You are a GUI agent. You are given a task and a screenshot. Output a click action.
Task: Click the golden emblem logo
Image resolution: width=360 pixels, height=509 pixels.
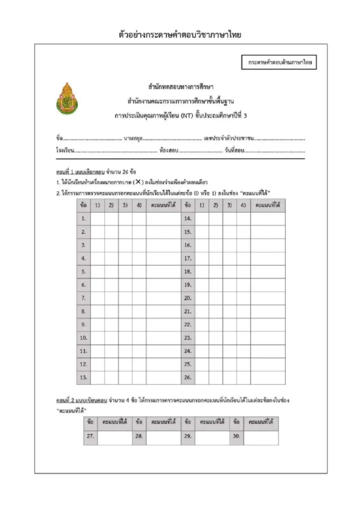pos(67,99)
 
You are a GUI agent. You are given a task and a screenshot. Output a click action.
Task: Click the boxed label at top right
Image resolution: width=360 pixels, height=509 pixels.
pos(279,62)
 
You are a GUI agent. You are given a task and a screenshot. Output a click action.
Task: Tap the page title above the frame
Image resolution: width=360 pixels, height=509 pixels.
pos(180,35)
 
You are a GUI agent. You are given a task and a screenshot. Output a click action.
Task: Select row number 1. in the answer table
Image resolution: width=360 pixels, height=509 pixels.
pos(83,219)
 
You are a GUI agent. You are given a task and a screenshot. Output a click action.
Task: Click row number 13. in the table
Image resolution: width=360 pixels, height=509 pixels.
pos(83,377)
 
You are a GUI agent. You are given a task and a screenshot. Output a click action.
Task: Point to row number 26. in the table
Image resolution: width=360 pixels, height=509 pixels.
pos(188,377)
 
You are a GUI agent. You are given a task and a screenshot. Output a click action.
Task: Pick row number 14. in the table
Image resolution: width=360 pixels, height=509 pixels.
pos(188,219)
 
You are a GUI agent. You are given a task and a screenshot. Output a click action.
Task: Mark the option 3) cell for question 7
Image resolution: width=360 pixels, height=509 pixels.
pos(125,298)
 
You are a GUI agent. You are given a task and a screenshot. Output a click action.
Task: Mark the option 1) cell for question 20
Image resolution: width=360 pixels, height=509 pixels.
pos(202,298)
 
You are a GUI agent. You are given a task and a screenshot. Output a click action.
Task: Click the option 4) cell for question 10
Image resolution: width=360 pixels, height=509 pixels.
pos(139,338)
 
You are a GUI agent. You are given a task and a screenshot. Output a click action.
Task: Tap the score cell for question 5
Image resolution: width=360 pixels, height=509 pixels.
pos(163,272)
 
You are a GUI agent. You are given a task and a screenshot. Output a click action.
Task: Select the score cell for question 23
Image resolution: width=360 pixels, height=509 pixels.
pos(268,338)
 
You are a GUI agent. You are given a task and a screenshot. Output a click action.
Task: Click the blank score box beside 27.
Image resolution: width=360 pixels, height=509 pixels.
pos(115,438)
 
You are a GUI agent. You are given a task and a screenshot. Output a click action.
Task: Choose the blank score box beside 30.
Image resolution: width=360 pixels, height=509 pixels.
pos(261,438)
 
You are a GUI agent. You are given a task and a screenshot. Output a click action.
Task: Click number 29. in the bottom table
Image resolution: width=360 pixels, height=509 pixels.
pos(188,436)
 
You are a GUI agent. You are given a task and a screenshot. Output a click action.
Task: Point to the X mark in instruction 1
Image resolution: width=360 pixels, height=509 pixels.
pos(138,182)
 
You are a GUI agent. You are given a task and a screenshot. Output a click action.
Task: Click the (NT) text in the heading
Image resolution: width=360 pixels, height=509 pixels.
pos(187,116)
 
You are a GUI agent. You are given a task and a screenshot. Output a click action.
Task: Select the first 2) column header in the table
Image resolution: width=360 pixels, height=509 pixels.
pos(111,205)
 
